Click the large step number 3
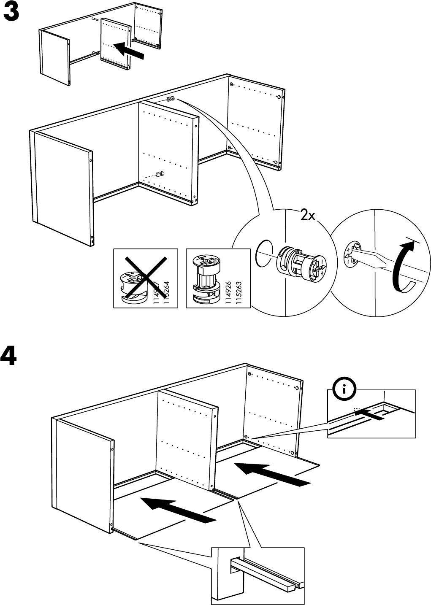[x=11, y=14]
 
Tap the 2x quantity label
[x=307, y=216]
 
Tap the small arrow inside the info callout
[x=369, y=415]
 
